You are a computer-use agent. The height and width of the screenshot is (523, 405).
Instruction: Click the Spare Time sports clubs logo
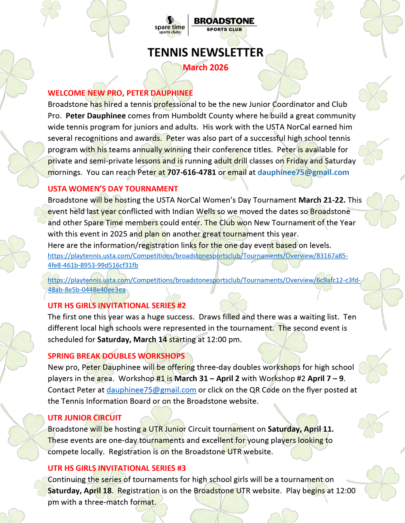click(170, 25)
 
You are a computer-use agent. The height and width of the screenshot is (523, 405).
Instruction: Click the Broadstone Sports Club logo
click(224, 24)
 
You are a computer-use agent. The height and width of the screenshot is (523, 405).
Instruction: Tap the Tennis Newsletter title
click(205, 53)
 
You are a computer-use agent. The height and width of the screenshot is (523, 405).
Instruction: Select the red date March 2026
click(205, 67)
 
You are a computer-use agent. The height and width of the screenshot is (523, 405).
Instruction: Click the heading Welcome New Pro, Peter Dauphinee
click(120, 93)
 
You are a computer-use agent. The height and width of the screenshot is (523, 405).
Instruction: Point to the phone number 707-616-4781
click(192, 172)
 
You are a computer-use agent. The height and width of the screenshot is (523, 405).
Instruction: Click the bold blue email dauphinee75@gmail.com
click(303, 172)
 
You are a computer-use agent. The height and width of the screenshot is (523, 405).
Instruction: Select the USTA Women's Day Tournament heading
click(113, 189)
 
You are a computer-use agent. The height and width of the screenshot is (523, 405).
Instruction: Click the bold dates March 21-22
click(322, 200)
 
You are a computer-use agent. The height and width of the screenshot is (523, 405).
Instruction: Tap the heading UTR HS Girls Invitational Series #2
click(117, 306)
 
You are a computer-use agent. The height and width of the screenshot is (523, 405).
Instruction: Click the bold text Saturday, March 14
click(132, 340)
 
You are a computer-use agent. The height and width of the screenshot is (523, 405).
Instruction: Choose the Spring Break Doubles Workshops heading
click(116, 356)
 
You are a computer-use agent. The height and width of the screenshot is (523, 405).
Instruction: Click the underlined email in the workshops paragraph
click(151, 390)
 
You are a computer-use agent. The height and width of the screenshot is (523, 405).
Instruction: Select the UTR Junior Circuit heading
click(85, 418)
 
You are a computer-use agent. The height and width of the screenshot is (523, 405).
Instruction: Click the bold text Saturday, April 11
click(301, 429)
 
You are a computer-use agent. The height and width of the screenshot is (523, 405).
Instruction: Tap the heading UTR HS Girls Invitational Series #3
click(117, 468)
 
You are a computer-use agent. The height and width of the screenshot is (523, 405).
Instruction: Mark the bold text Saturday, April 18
click(80, 491)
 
